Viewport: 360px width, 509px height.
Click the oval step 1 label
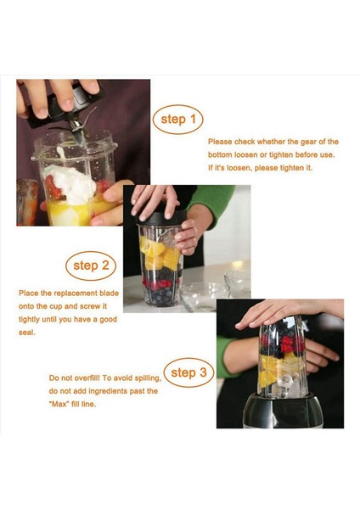point(177,120)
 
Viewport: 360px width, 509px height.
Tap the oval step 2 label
point(91,266)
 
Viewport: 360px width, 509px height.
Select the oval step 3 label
point(188,372)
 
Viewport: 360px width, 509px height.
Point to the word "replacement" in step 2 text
point(76,294)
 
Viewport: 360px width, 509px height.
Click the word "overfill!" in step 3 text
point(87,378)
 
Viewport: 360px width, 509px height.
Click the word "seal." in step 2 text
point(26,333)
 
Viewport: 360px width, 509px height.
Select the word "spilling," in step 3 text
point(148,378)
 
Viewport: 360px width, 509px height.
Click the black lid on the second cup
point(162,218)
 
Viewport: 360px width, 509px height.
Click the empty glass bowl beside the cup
point(204,297)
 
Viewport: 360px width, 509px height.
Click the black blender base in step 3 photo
point(283,411)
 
